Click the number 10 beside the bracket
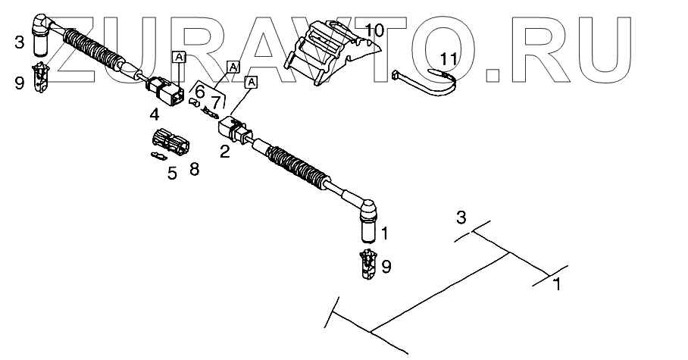tap(374, 31)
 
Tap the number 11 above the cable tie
tap(449, 58)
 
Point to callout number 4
tap(154, 115)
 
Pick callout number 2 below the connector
tap(224, 151)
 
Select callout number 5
tap(172, 173)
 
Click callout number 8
tap(195, 168)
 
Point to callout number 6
tap(199, 92)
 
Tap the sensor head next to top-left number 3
tap(42, 37)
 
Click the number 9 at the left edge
tap(19, 83)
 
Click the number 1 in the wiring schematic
tap(557, 286)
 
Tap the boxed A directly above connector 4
tap(178, 57)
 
